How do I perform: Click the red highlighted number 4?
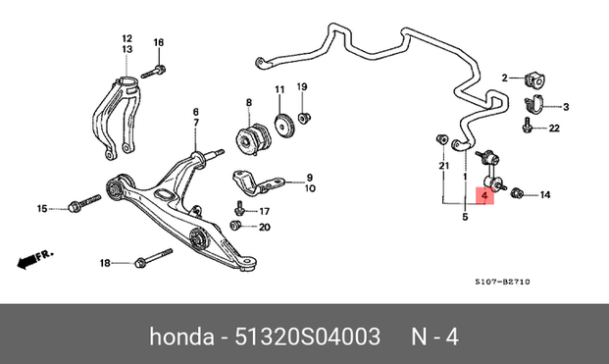click(484, 195)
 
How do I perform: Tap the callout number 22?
click(554, 128)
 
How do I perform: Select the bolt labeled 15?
click(84, 203)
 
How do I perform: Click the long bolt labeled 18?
click(153, 258)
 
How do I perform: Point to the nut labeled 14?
click(517, 192)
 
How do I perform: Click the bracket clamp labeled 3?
click(533, 104)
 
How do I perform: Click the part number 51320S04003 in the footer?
click(308, 337)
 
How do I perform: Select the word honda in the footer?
click(181, 337)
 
